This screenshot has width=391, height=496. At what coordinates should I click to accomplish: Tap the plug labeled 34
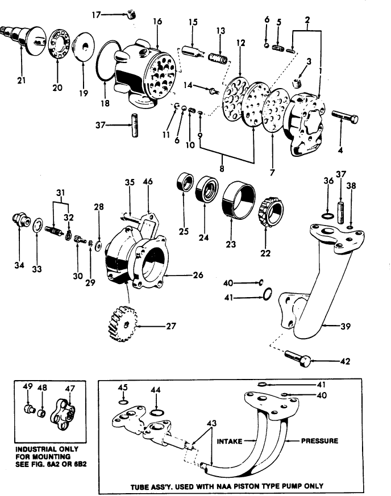[x=21, y=220]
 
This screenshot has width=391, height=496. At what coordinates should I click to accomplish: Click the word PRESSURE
[x=319, y=440]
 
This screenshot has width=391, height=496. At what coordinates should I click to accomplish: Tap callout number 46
[x=148, y=182]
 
